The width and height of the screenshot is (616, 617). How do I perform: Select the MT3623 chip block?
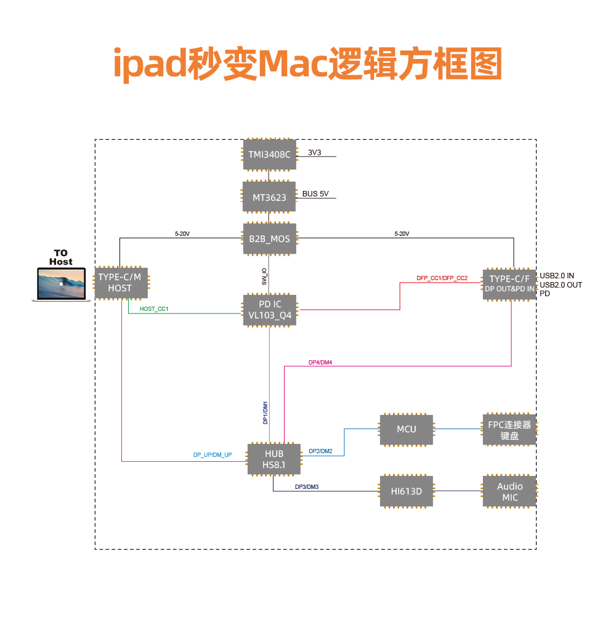pos(269,197)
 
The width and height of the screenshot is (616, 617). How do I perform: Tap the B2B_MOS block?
pos(269,238)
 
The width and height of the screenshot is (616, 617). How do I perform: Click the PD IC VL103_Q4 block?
pos(269,310)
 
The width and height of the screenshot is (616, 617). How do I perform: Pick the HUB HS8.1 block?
pos(274,459)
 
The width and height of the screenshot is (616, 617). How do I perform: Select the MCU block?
pos(407,429)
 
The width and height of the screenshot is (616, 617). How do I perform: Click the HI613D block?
pos(407,491)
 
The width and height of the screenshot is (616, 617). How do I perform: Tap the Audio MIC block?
pos(509,491)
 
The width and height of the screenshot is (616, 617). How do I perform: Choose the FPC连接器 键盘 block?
pos(509,430)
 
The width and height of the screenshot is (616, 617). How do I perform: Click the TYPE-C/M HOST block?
pos(120,283)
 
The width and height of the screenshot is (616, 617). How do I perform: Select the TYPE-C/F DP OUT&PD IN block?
pos(509,284)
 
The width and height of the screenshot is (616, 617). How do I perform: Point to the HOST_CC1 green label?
pos(154,308)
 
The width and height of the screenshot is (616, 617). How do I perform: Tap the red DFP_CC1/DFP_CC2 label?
pos(442,278)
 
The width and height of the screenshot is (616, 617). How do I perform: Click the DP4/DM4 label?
pos(320,363)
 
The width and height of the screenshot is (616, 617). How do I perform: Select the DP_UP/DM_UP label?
pos(213,455)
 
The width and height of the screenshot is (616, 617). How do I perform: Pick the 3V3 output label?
pos(315,152)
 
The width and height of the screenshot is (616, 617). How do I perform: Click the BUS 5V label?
pos(315,194)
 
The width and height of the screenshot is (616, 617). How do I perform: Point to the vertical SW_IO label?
pos(264,276)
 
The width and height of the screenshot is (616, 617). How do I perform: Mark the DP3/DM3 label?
pos(306,487)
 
